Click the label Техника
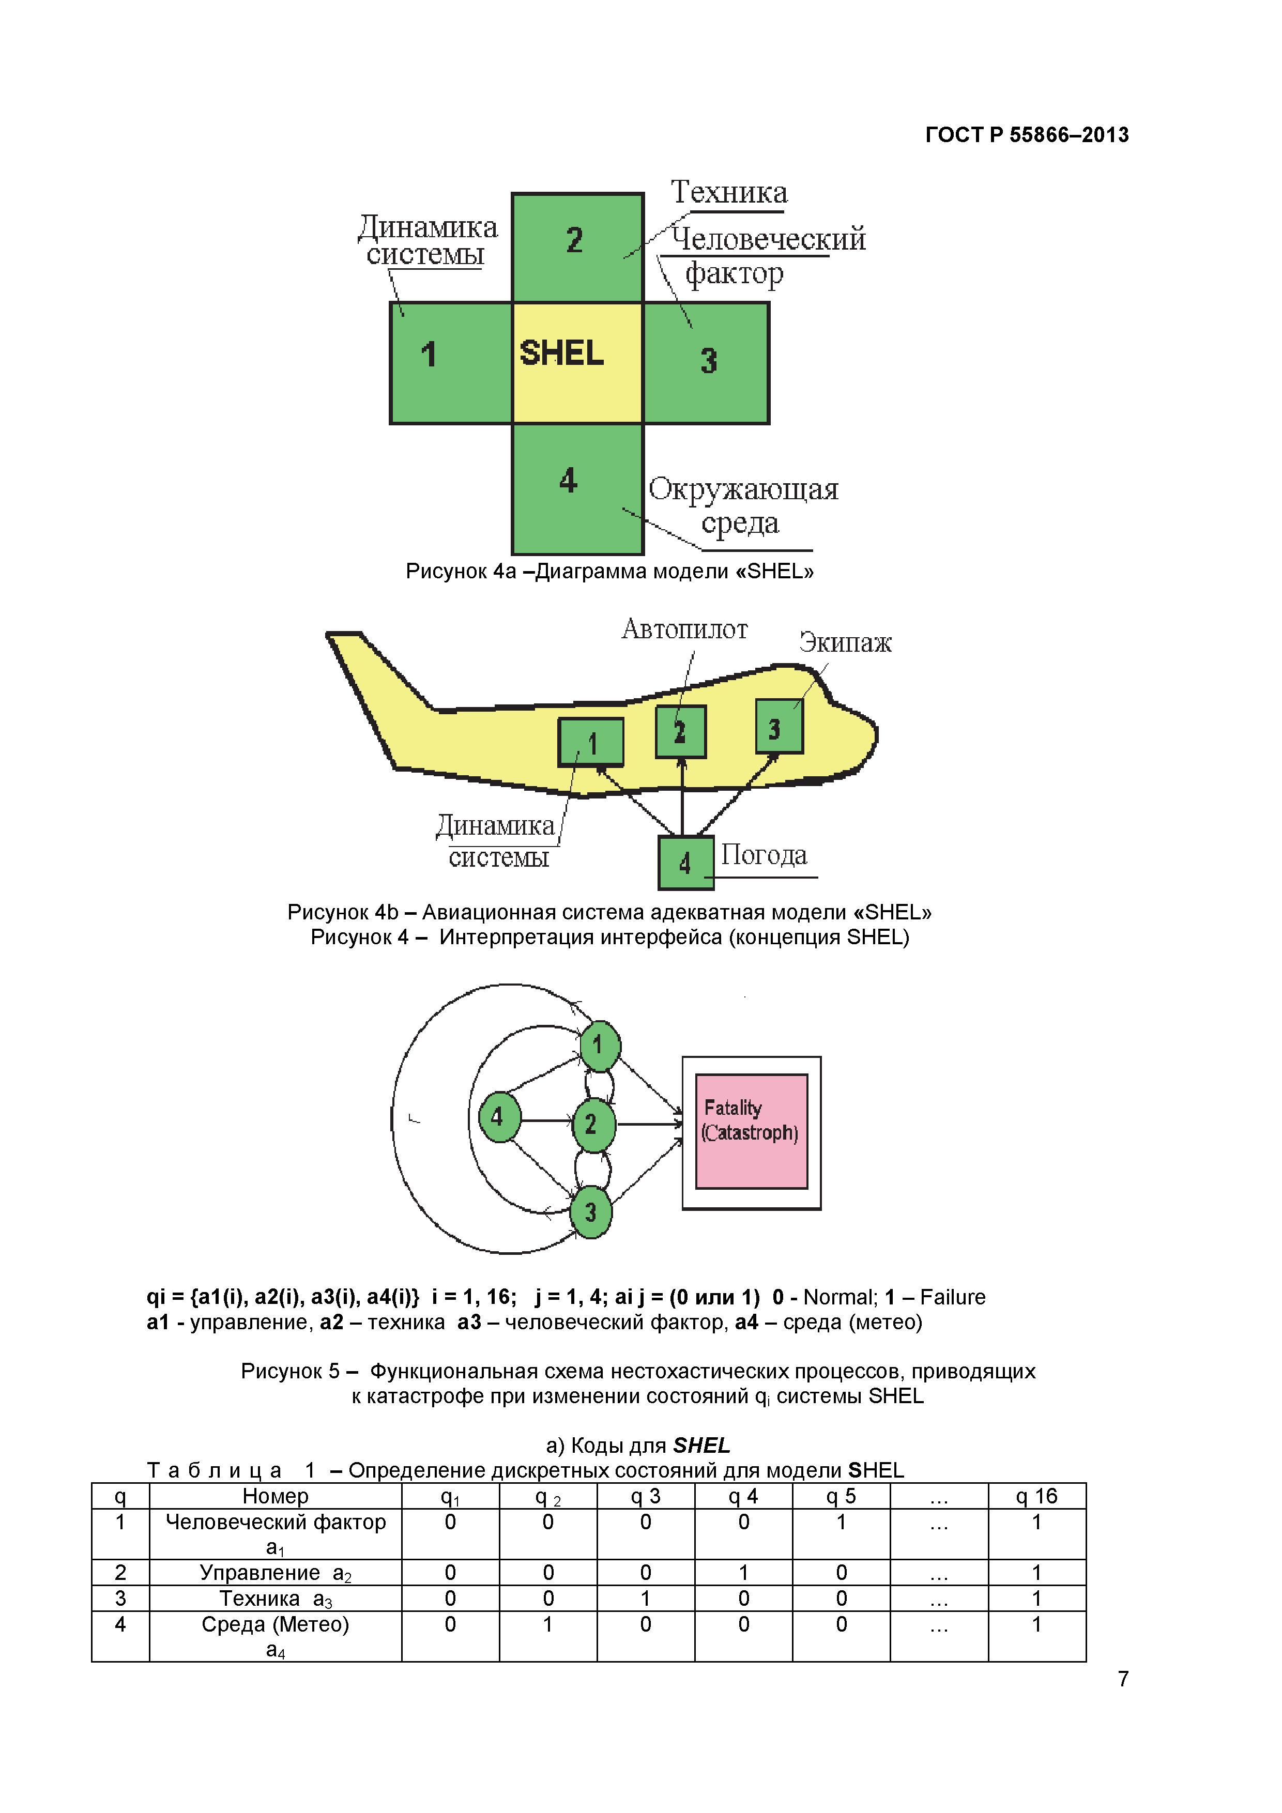coord(728,193)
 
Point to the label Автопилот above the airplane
coord(684,629)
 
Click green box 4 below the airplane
coord(685,862)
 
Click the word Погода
coord(763,855)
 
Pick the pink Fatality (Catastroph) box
coord(751,1131)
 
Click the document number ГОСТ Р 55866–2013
coord(1026,135)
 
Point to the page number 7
coord(1122,1679)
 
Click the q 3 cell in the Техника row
coord(645,1598)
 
